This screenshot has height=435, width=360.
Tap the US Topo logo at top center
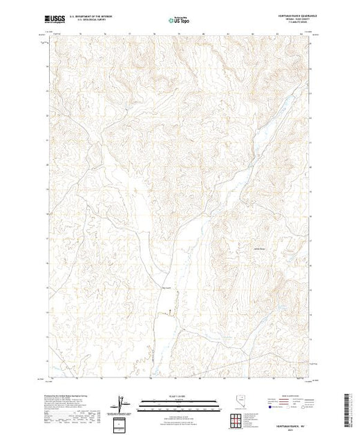180,21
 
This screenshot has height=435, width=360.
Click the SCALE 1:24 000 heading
179,396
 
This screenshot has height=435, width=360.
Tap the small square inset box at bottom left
122,422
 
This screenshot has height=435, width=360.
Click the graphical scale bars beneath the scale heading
179,404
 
